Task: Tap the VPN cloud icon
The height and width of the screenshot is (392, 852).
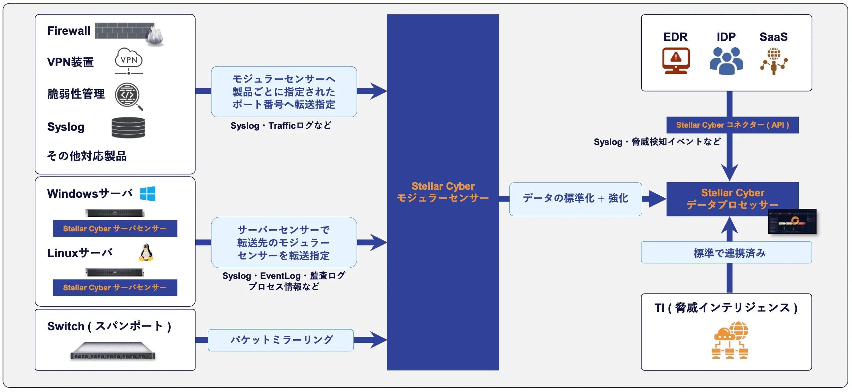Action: pos(129,61)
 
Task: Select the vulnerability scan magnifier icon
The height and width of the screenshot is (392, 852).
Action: pos(129,96)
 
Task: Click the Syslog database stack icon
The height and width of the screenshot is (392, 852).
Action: pos(128,128)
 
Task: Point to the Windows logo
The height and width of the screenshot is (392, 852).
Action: pos(148,194)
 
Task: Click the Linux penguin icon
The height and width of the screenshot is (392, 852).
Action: pos(146,253)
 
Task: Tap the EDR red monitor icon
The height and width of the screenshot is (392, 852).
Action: pos(675,61)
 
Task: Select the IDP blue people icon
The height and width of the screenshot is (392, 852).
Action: pos(726,61)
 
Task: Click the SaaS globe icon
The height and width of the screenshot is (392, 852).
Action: pos(774,61)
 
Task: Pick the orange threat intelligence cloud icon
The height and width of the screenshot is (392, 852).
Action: pos(730,340)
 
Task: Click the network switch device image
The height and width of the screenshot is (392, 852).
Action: pos(113,350)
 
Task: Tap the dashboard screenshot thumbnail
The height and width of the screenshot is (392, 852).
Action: pos(792,221)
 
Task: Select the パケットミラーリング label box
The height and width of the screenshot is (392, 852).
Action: pos(281,340)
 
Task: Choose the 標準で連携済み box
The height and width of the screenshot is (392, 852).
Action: pos(726,253)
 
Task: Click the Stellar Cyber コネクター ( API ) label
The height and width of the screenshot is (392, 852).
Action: pos(732,125)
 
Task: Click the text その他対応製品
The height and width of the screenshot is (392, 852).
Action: pos(87,156)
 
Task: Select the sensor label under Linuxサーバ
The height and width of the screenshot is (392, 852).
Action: pos(115,288)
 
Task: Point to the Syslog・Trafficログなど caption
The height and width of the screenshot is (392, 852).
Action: pos(281,126)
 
